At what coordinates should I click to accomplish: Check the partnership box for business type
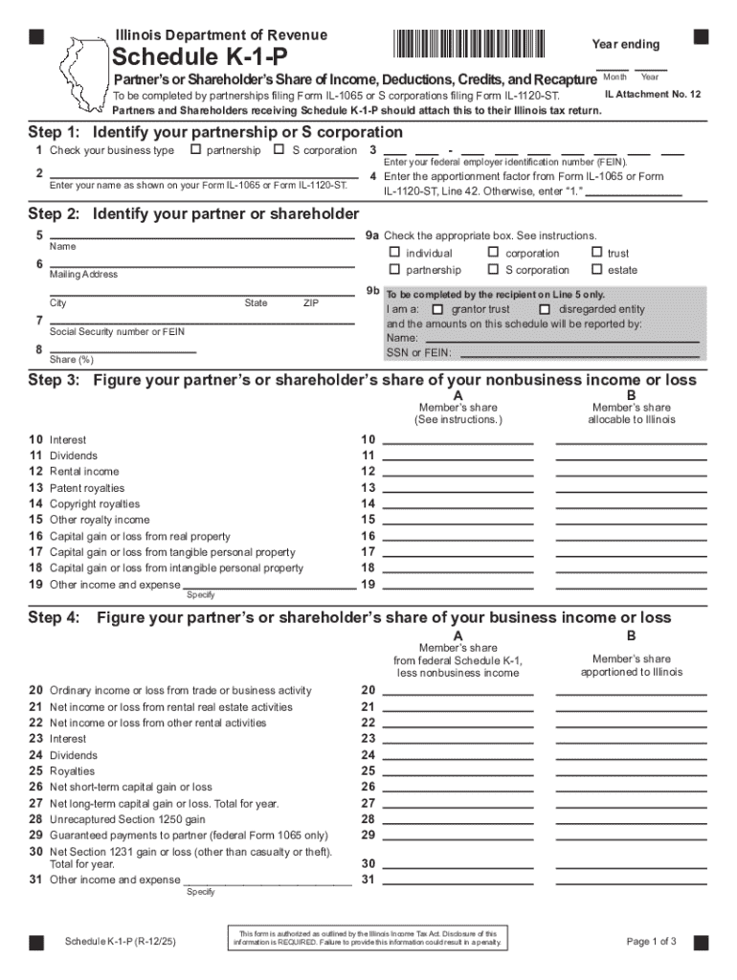pyautogui.click(x=195, y=150)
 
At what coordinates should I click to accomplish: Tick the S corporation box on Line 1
pyautogui.click(x=279, y=150)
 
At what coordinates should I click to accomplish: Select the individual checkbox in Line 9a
pyautogui.click(x=394, y=254)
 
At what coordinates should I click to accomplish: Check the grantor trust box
pyautogui.click(x=438, y=310)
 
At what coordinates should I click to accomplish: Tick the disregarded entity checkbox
pyautogui.click(x=545, y=310)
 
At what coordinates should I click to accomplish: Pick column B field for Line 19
pyautogui.click(x=631, y=584)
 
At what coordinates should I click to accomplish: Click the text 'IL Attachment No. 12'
pyautogui.click(x=653, y=95)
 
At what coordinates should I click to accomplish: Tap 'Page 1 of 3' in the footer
pyautogui.click(x=651, y=942)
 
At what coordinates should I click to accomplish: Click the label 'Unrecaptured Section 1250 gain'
pyautogui.click(x=127, y=819)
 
